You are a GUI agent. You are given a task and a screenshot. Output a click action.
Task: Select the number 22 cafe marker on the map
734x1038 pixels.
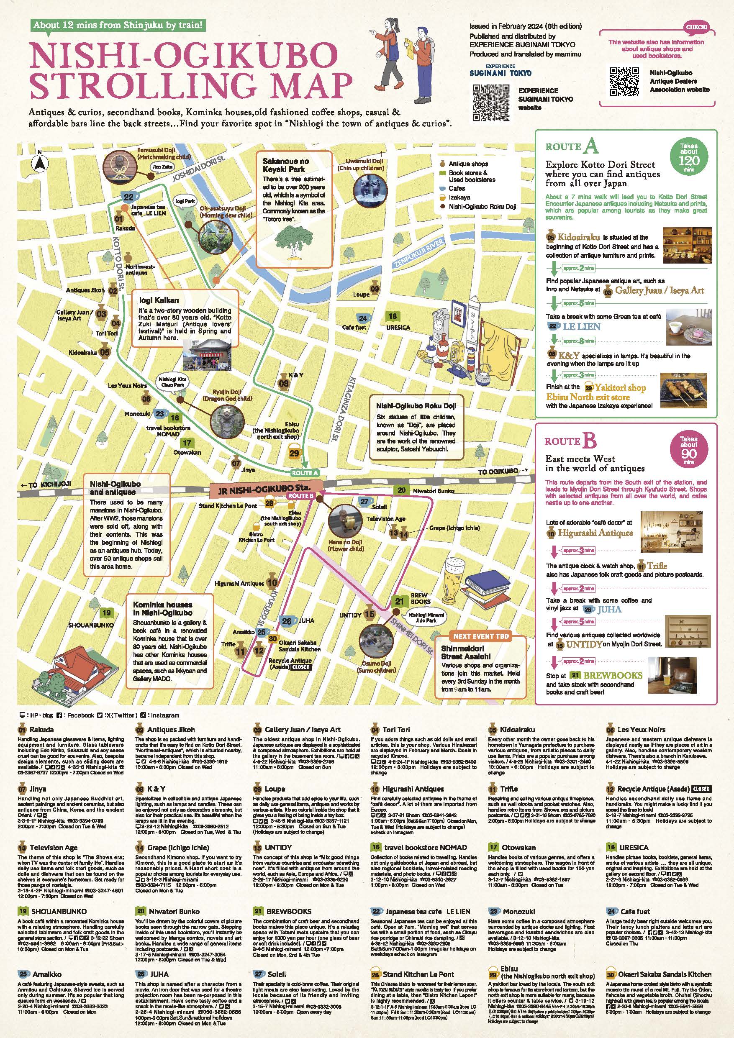(129, 197)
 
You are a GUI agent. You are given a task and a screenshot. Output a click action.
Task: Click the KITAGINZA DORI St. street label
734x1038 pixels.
(354, 409)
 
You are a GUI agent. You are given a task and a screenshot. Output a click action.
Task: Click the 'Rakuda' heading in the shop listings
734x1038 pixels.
(41, 729)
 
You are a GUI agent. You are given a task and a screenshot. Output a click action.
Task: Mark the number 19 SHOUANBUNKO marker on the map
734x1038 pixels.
(106, 613)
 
